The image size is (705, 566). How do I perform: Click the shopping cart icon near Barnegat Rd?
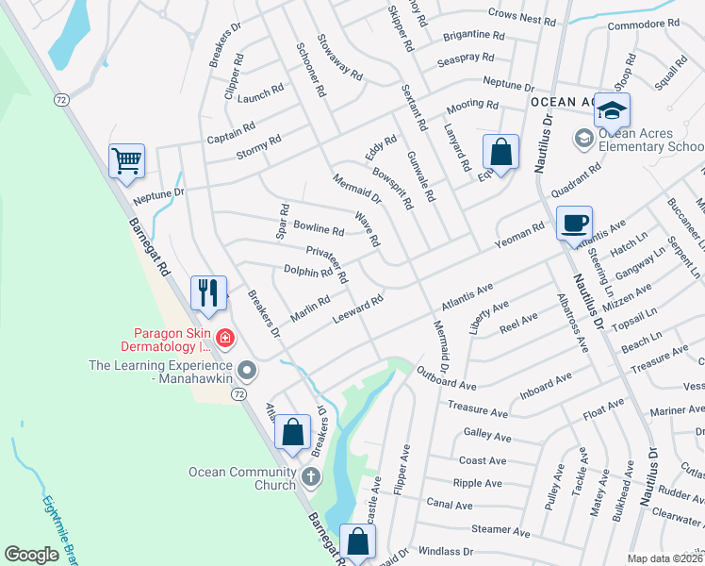click(x=126, y=159)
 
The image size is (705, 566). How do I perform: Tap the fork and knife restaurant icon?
click(x=208, y=291)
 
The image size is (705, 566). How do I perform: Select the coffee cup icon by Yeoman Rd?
click(x=574, y=224)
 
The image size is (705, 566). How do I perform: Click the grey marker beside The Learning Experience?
click(x=247, y=368)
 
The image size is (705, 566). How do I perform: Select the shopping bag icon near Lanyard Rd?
click(x=500, y=151)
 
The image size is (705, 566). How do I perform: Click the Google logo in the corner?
click(x=32, y=554)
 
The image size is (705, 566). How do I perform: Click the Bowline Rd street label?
click(x=319, y=229)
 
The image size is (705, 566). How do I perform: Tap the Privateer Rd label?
click(x=328, y=264)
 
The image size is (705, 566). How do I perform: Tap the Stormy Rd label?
click(x=259, y=147)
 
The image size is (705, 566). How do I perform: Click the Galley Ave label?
click(x=487, y=437)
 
